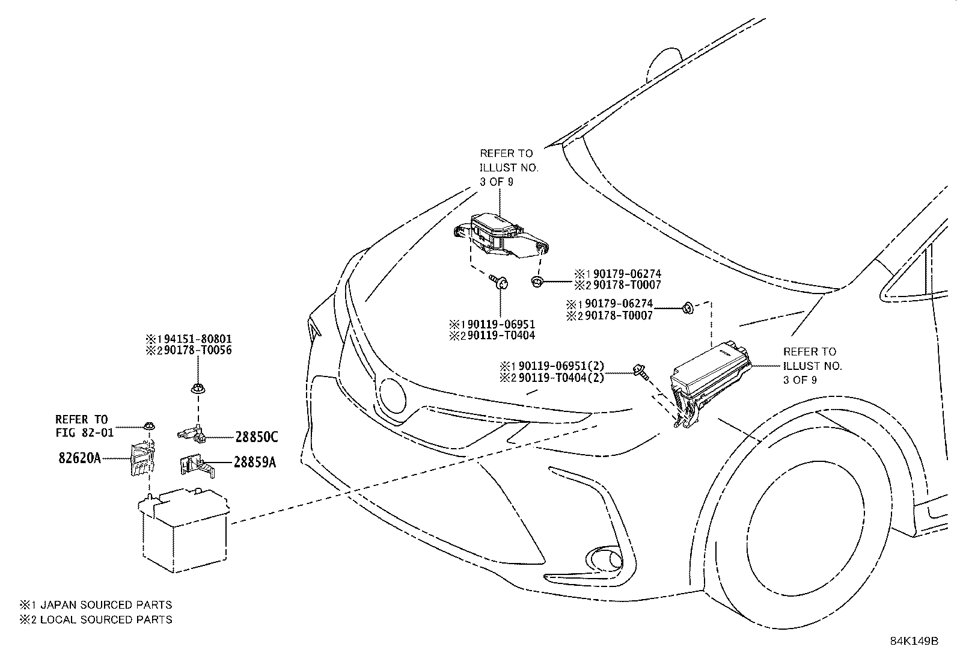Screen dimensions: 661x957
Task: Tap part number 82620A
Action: [x=79, y=458]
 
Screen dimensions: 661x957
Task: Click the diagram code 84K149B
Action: [x=914, y=641]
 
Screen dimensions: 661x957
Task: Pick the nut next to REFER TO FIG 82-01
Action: [x=150, y=426]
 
